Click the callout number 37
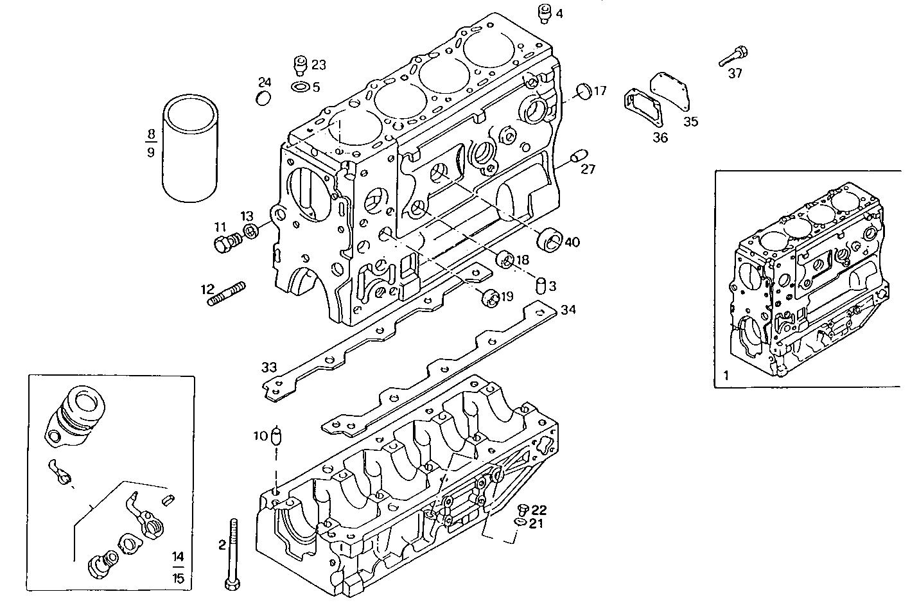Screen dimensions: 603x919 (735, 74)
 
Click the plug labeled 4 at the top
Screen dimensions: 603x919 (544, 13)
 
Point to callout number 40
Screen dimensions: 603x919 (572, 242)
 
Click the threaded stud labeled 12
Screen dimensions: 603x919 (226, 294)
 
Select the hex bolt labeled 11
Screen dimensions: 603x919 (225, 243)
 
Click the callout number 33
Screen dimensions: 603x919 (268, 367)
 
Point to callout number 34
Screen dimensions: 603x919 (568, 310)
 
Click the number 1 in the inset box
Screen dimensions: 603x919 (726, 374)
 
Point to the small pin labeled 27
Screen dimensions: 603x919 (578, 155)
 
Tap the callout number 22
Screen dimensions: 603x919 (538, 510)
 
